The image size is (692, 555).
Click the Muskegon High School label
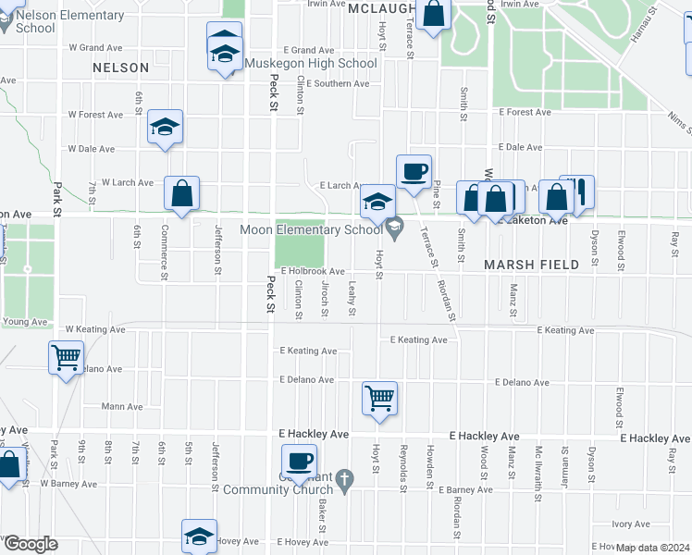pyautogui.click(x=311, y=64)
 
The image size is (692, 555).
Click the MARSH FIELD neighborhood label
pyautogui.click(x=532, y=265)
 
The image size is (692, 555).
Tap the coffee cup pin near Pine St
pyautogui.click(x=414, y=171)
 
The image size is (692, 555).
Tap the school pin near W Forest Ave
pyautogui.click(x=166, y=128)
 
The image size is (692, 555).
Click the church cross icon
pyautogui.click(x=344, y=479)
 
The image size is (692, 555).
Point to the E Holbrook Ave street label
pyautogui.click(x=314, y=272)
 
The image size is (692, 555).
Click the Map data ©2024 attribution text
pyautogui.click(x=651, y=548)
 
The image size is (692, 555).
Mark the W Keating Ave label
pyautogui.click(x=95, y=329)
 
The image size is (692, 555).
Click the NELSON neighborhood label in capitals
pyautogui.click(x=120, y=68)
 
